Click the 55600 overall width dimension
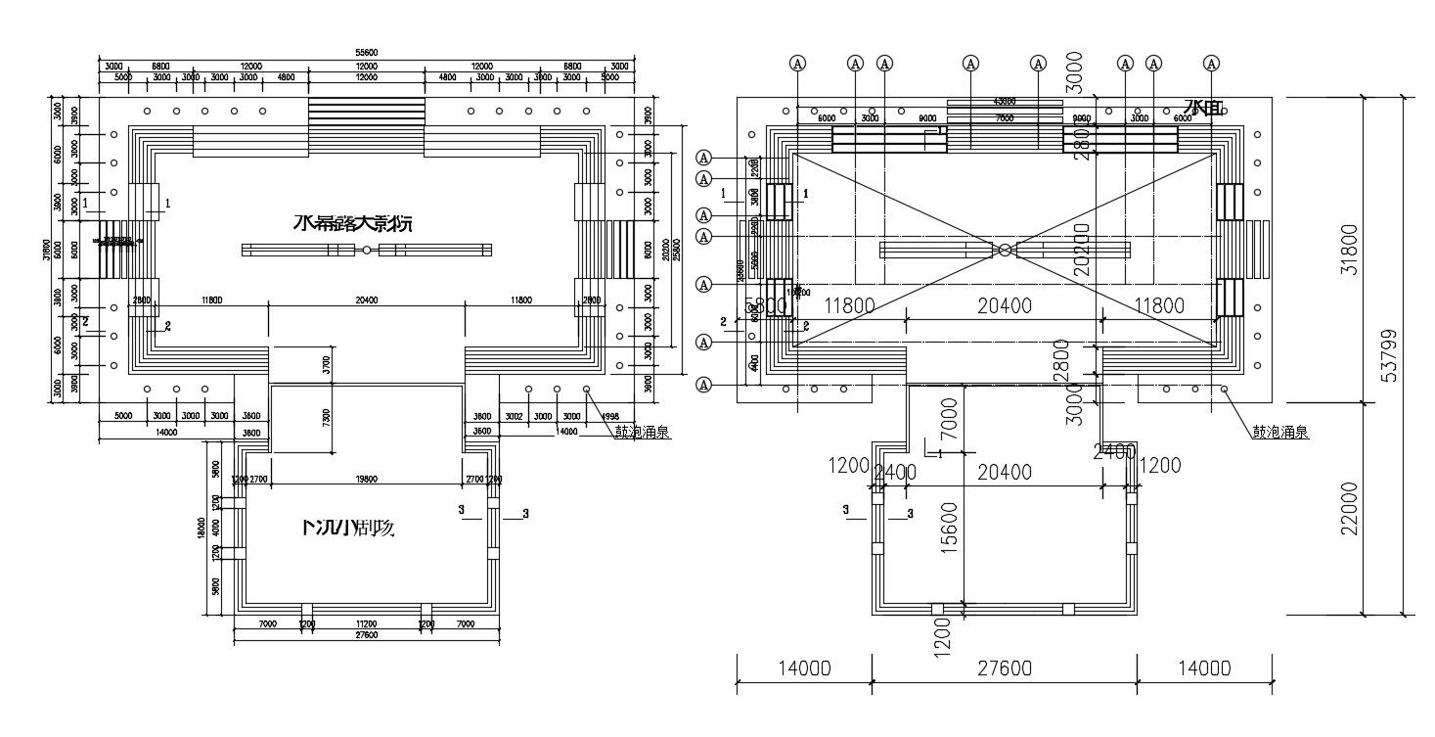point(367,53)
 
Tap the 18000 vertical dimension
point(202,529)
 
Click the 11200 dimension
point(366,623)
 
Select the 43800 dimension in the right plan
point(1004,101)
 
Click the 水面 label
point(1203,107)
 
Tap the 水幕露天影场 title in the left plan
point(353,223)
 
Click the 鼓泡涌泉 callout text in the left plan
point(643,432)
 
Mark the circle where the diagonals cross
point(1005,250)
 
